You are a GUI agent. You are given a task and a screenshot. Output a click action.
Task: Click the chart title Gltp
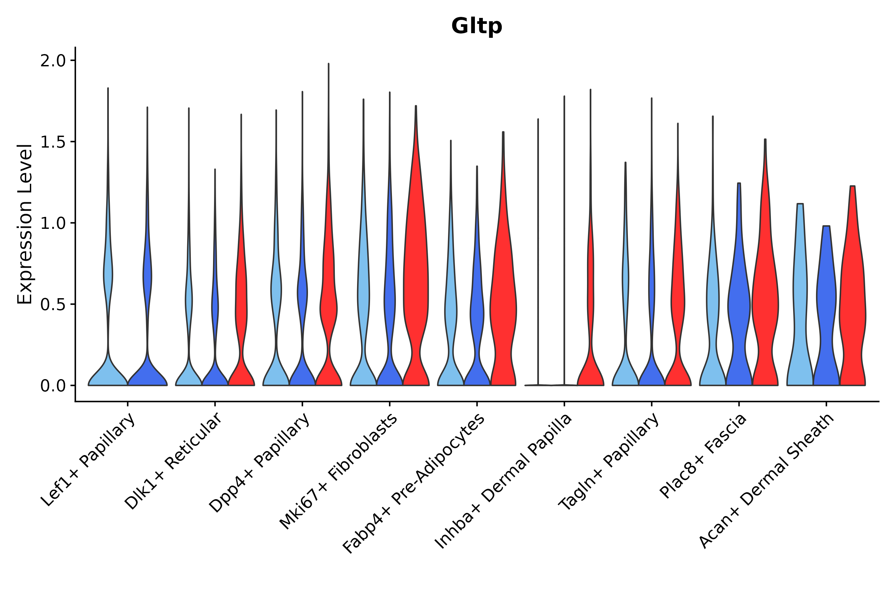point(476,27)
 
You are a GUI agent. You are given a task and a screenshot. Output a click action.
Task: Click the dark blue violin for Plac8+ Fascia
point(739,304)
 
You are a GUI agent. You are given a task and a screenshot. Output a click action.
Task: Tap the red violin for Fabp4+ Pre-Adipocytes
point(503,304)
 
